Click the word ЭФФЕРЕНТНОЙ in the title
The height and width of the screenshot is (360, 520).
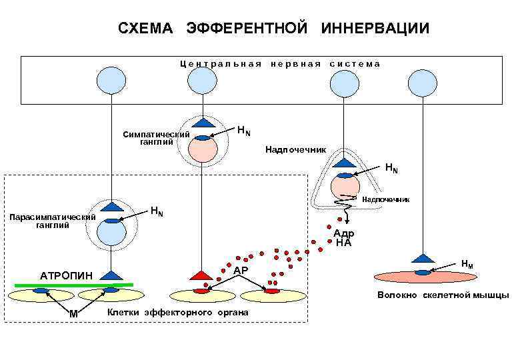[x=247, y=28]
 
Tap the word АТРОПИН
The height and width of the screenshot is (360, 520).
[x=67, y=275]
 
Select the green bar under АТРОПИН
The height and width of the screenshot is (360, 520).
[x=73, y=285]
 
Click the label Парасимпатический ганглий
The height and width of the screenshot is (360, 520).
[x=51, y=221]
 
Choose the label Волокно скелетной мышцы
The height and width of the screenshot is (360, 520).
[x=443, y=295]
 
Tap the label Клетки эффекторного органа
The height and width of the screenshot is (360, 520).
[x=177, y=313]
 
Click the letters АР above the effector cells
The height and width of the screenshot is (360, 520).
[x=241, y=270]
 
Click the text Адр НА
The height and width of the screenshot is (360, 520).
[x=344, y=238]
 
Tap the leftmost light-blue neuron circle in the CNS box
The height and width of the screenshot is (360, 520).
[x=111, y=82]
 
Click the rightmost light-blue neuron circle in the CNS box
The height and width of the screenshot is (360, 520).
[x=422, y=83]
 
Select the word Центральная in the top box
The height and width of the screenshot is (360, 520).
[x=220, y=64]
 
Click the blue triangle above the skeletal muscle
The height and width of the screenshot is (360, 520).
[x=422, y=257]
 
